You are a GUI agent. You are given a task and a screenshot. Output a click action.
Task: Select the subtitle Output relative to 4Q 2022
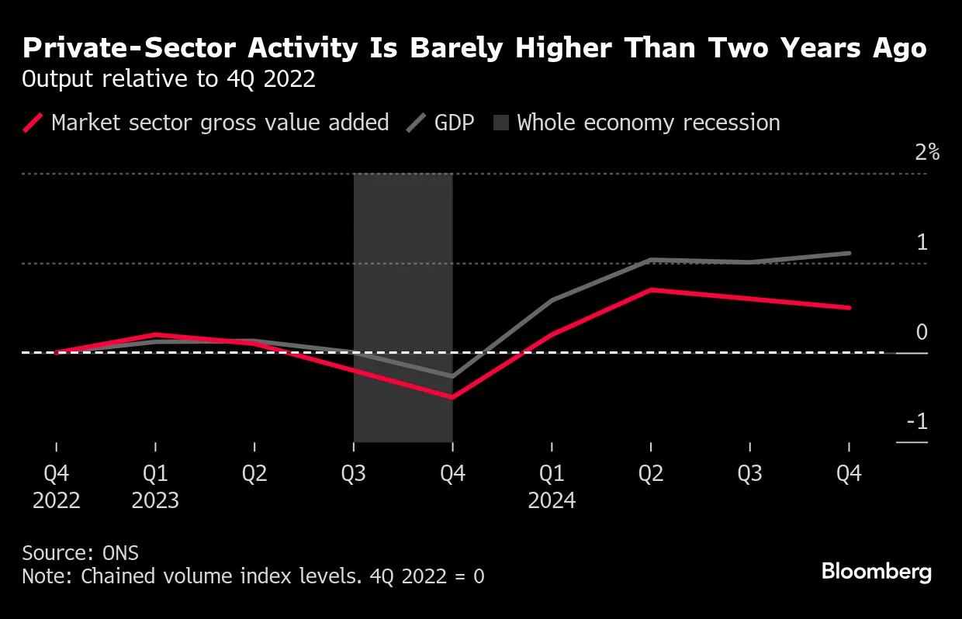click(x=168, y=80)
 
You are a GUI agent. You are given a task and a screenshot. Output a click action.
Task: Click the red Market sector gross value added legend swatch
click(x=33, y=123)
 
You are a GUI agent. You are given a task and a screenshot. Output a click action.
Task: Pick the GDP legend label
click(x=454, y=123)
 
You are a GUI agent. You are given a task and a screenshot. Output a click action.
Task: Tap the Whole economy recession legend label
click(x=648, y=123)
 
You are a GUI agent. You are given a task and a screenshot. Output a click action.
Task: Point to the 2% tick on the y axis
click(x=926, y=152)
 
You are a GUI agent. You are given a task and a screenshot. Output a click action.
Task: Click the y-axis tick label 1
click(x=922, y=242)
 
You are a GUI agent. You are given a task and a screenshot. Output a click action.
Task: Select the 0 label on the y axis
click(x=922, y=332)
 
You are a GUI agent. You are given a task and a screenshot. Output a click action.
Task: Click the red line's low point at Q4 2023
click(x=452, y=397)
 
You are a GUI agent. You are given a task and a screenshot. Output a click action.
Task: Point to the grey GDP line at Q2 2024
click(x=651, y=260)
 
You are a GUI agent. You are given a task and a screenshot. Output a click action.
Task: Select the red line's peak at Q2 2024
click(x=651, y=289)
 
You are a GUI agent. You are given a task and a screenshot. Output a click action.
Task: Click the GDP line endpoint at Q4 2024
click(x=849, y=253)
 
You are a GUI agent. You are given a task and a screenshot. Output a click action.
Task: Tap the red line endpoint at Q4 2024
click(x=849, y=307)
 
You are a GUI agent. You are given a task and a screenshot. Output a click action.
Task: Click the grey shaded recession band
click(x=403, y=233)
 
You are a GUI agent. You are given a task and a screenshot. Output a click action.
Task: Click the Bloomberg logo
click(x=876, y=572)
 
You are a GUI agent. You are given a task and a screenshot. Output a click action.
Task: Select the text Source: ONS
click(x=80, y=552)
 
